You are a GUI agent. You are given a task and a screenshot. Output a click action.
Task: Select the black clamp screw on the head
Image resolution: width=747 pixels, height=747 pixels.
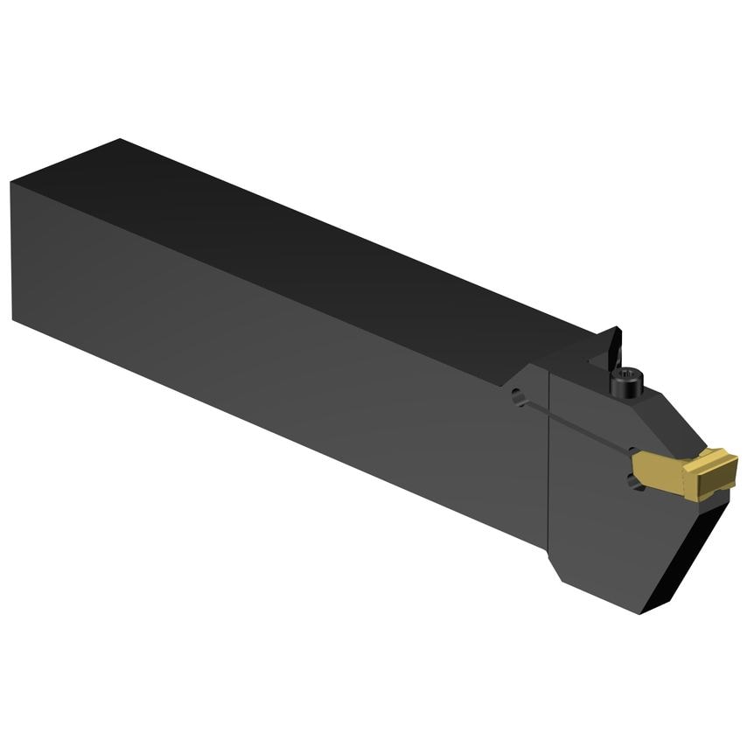627,385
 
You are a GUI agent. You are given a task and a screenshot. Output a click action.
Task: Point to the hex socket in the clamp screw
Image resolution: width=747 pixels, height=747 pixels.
628,375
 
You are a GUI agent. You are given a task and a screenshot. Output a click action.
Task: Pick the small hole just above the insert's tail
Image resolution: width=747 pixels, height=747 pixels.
632,449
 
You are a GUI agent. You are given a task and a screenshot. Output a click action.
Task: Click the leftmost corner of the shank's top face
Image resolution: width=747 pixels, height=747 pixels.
11,183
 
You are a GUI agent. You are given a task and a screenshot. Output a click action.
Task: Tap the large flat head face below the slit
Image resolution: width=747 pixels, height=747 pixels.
604,525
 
